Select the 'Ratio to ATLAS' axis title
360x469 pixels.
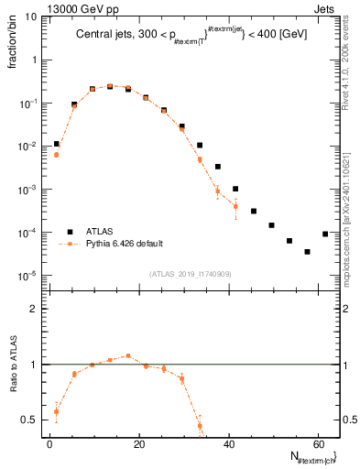pos(14,365)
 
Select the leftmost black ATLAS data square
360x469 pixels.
pos(57,144)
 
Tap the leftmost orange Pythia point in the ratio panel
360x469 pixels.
pos(57,411)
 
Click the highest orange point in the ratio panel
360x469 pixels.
pos(128,355)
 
